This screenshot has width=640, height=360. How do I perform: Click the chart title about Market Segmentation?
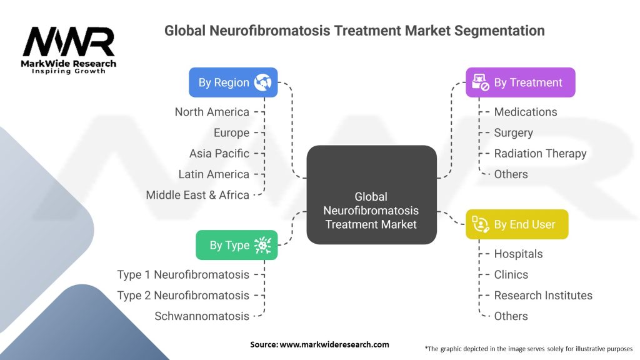tap(354, 30)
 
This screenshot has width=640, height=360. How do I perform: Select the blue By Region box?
tap(233, 82)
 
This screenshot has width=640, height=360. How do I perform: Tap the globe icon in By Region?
tap(262, 82)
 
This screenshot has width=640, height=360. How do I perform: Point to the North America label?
tap(212, 112)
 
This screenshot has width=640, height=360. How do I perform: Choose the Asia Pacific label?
tap(219, 153)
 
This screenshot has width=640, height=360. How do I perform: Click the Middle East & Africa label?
tap(197, 195)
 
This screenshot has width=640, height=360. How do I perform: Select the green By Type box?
tap(236, 245)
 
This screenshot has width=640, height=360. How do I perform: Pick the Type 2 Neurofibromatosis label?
tap(183, 295)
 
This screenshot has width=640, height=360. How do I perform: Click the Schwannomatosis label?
tap(202, 316)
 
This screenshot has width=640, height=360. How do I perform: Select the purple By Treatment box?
tap(520, 82)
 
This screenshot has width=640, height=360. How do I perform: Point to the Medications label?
tap(526, 112)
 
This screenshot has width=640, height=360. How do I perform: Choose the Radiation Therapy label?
tap(540, 153)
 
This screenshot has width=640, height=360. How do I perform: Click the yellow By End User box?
tap(517, 224)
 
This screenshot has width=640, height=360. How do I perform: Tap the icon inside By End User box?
tap(480, 224)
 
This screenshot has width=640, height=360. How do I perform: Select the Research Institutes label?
tap(543, 295)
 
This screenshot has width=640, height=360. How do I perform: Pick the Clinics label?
tap(511, 274)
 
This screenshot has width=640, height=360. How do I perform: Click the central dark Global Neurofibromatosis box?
tap(371, 194)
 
